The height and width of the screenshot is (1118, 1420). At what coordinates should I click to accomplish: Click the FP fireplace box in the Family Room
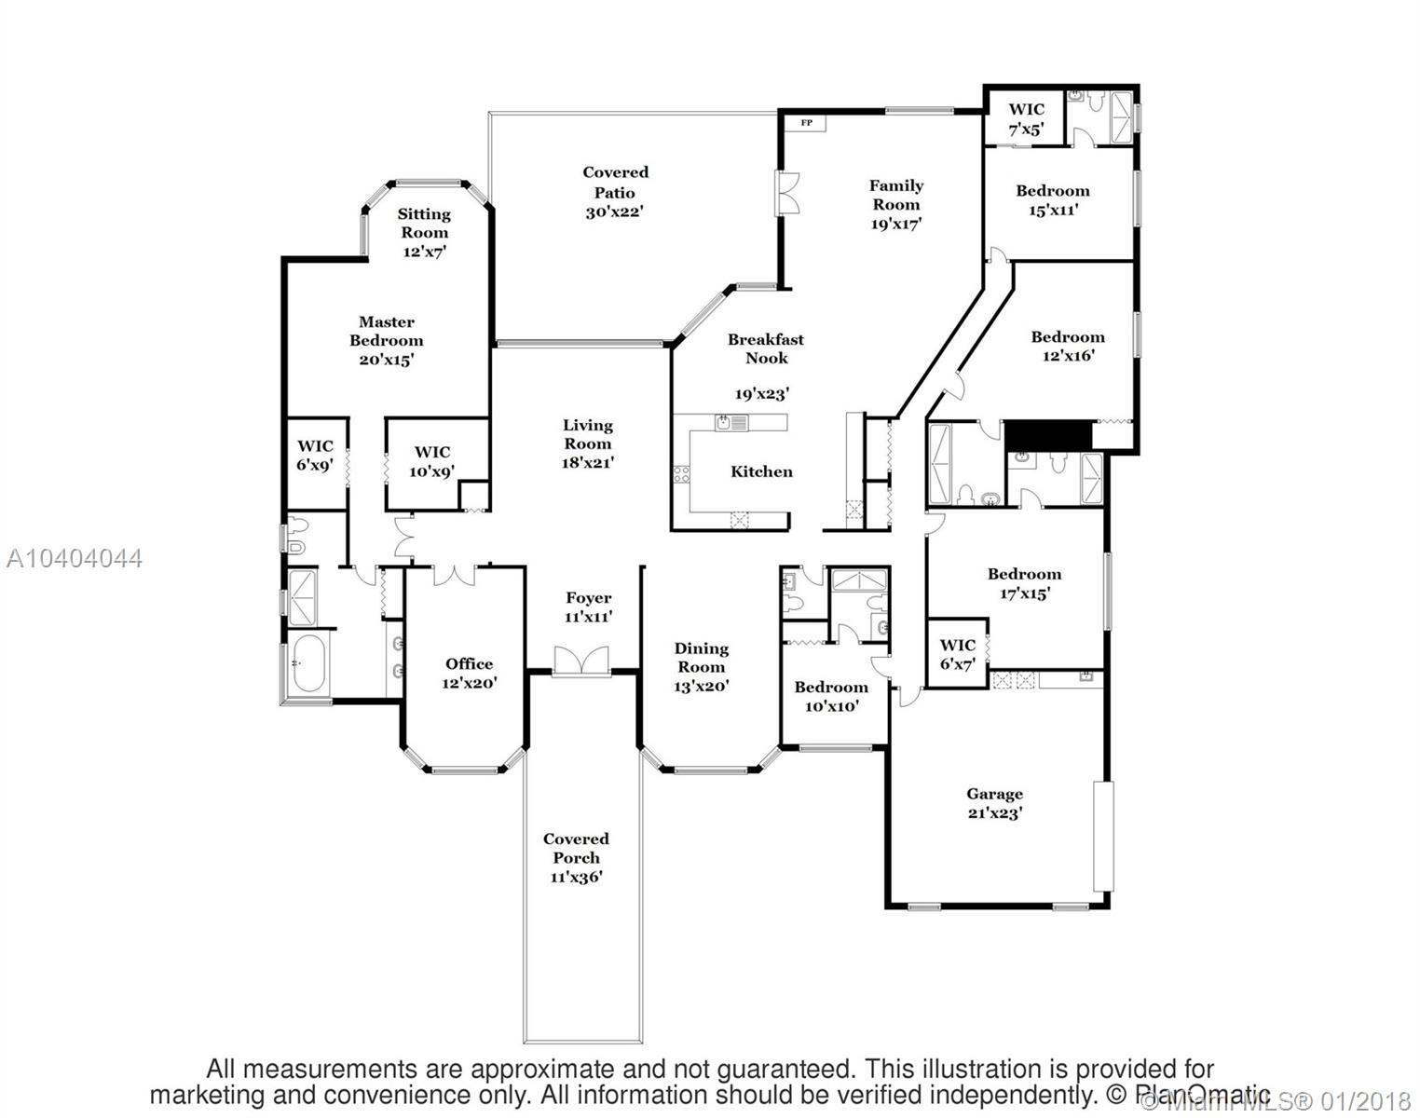(806, 123)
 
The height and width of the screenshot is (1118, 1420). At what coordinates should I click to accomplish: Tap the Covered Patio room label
(615, 192)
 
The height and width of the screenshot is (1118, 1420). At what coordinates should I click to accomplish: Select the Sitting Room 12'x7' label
(424, 232)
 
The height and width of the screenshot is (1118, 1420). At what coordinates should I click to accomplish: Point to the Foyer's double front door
(581, 661)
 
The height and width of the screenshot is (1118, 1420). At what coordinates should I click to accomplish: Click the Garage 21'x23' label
(994, 802)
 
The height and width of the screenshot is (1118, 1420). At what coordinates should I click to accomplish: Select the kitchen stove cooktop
(682, 473)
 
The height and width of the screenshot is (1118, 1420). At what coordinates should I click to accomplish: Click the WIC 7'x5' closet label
(1026, 118)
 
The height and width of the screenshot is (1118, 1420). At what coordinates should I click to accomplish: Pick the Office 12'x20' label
(469, 673)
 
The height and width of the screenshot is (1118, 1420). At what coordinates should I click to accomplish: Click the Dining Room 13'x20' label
(701, 667)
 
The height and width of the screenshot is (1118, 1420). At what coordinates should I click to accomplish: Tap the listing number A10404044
(75, 558)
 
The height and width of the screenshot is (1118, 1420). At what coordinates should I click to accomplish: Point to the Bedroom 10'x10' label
(830, 696)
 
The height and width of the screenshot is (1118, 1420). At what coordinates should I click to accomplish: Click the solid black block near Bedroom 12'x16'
(1047, 435)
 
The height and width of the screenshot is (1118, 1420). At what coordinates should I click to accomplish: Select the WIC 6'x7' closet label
(957, 654)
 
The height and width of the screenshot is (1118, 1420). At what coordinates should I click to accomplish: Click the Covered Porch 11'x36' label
(576, 858)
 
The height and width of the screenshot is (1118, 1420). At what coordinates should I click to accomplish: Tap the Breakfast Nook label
(765, 348)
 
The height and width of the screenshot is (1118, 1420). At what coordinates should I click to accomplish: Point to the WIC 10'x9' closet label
(431, 461)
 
